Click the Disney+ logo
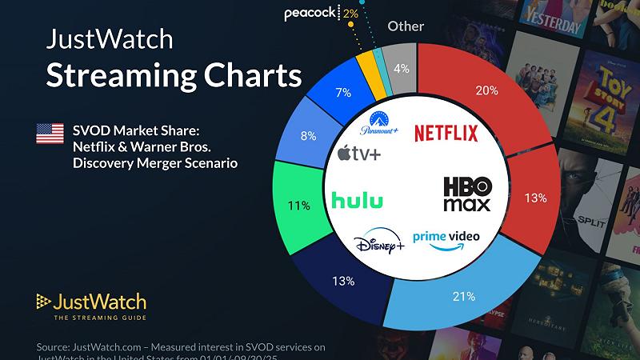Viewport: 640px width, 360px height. (x=378, y=242)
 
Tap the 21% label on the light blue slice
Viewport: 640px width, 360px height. (x=465, y=296)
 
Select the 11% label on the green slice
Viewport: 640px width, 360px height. (x=299, y=206)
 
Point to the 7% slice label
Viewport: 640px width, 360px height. (x=343, y=94)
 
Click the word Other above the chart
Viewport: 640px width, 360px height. (x=406, y=26)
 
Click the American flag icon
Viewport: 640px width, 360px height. (x=50, y=134)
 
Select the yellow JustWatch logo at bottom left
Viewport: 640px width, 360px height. (x=90, y=305)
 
